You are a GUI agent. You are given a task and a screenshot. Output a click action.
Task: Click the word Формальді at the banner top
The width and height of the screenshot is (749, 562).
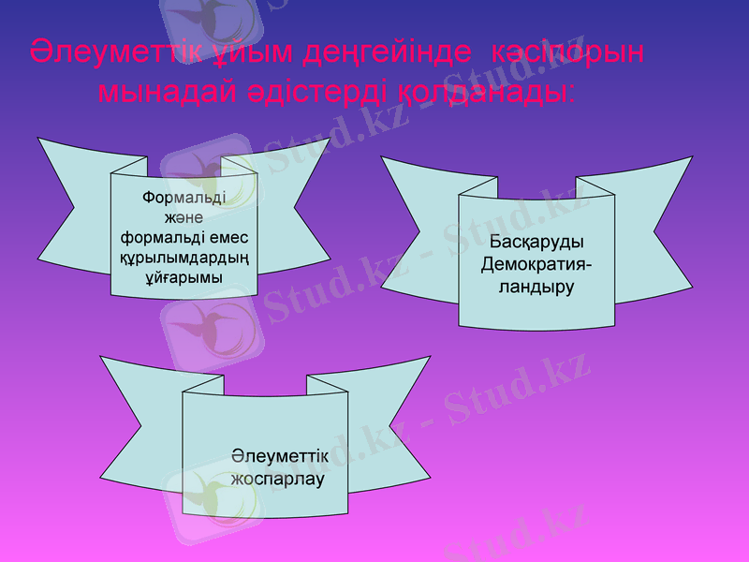click(x=183, y=198)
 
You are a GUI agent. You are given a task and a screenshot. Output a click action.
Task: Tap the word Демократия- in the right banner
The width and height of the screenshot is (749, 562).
click(x=536, y=265)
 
